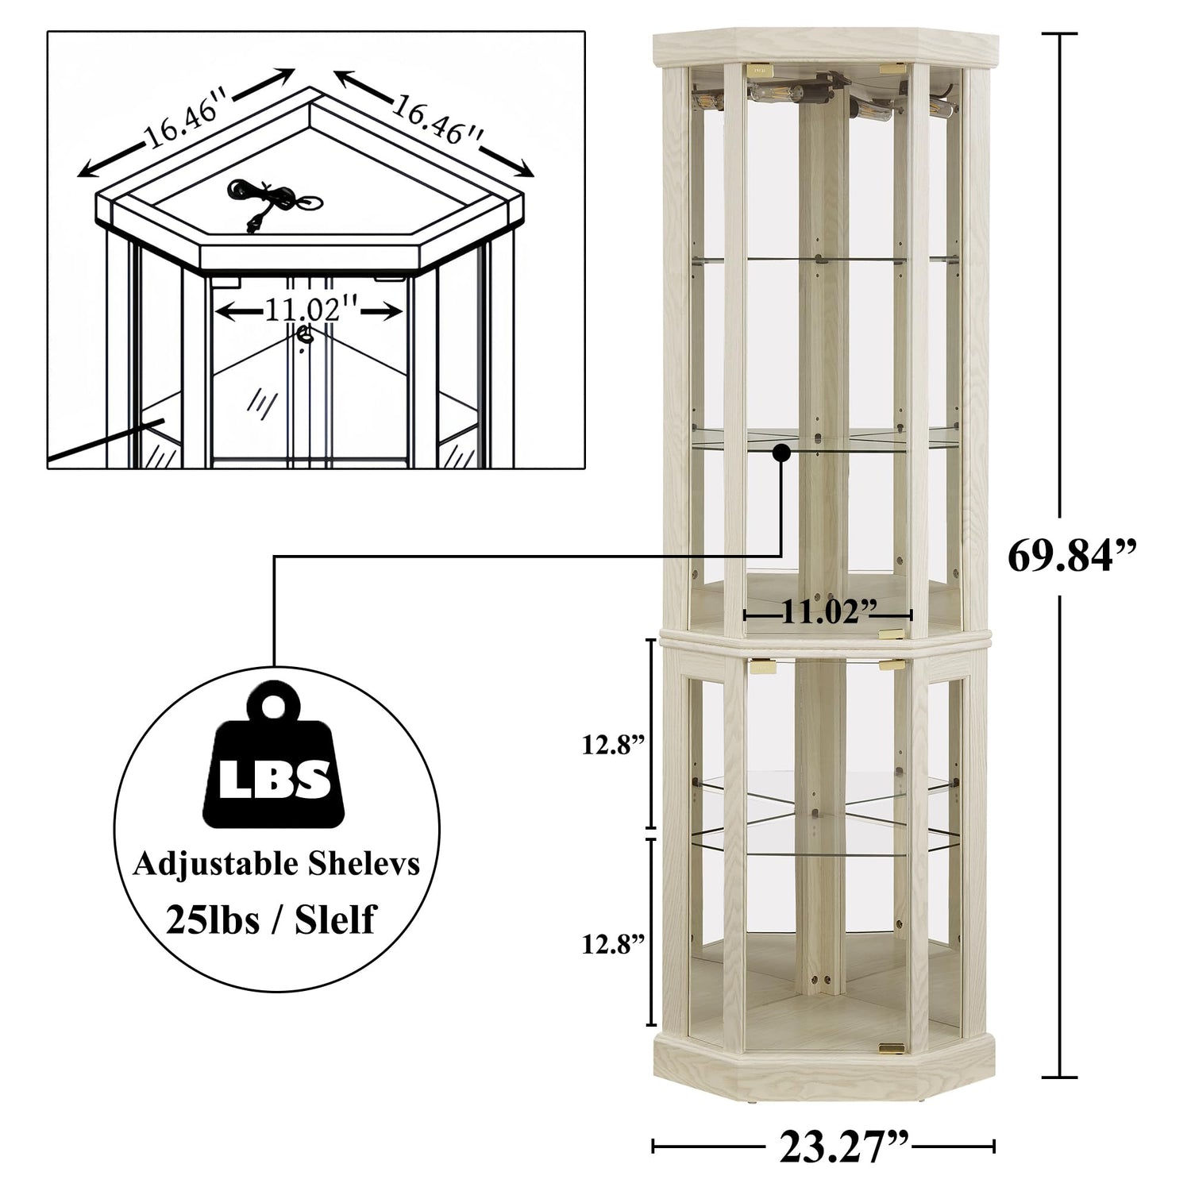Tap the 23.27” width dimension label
(844, 1145)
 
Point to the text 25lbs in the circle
(213, 919)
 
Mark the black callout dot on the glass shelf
(782, 453)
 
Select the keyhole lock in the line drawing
(303, 337)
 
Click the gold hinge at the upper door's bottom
(892, 633)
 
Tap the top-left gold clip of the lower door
(763, 665)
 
